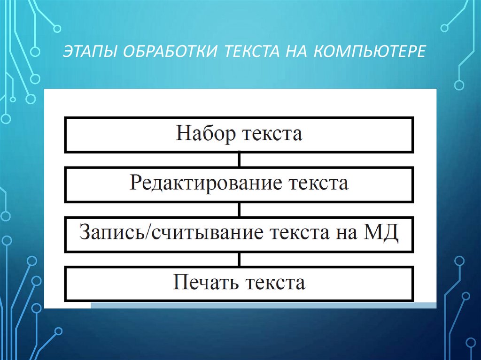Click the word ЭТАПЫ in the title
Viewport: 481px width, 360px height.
pyautogui.click(x=90, y=50)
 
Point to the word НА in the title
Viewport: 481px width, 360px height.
pyautogui.click(x=295, y=50)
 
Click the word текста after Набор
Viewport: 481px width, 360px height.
pyautogui.click(x=272, y=134)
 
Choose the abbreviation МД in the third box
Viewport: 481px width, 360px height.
pyautogui.click(x=380, y=233)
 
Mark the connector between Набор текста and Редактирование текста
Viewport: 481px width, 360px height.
pyautogui.click(x=240, y=159)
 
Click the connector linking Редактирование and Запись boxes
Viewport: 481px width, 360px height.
pyautogui.click(x=240, y=209)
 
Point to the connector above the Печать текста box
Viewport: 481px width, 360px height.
pyautogui.click(x=240, y=259)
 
